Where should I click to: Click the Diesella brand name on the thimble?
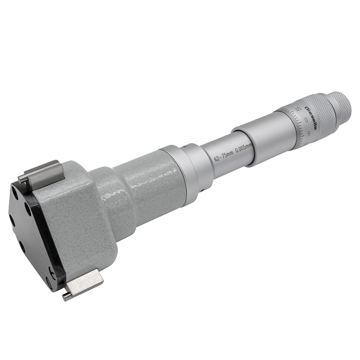click(311, 118)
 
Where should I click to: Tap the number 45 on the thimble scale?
click(299, 108)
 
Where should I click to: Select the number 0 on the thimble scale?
click(306, 120)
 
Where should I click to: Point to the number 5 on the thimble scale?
click(309, 133)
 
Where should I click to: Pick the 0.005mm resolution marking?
click(244, 148)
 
